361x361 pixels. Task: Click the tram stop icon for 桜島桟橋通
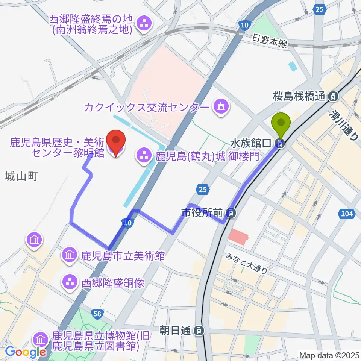tap(333, 97)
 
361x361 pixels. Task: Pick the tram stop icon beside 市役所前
tap(232, 213)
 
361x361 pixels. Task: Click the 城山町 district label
tap(22, 176)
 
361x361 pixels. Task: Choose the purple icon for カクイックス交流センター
tap(220, 108)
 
